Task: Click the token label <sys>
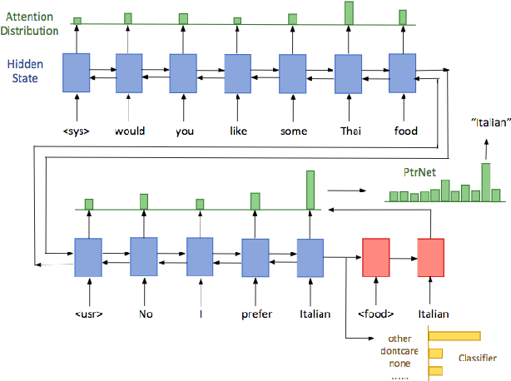pos(77,131)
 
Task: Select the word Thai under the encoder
pos(348,131)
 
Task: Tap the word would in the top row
pos(129,131)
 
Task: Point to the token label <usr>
pos(87,314)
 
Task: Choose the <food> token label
pos(376,314)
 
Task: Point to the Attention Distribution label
pos(29,22)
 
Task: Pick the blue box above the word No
pos(143,256)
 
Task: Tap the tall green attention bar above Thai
pos(349,12)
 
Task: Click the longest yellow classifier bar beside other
pos(454,336)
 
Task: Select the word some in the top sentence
pos(293,131)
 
